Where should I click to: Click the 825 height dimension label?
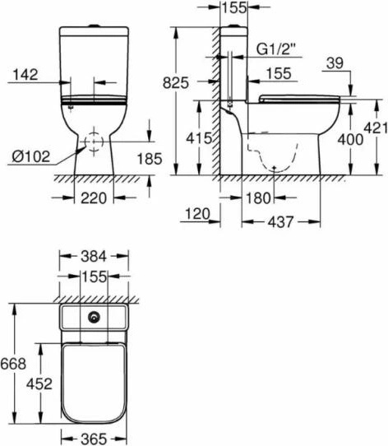click(x=176, y=83)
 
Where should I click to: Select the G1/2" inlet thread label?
click(x=275, y=49)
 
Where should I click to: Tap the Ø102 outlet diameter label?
click(x=31, y=156)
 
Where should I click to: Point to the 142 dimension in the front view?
click(x=25, y=75)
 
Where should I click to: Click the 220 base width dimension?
click(x=94, y=198)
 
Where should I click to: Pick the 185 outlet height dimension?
click(x=150, y=159)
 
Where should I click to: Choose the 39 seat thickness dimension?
click(x=335, y=63)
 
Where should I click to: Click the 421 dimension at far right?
click(x=376, y=128)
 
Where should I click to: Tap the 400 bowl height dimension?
click(x=350, y=140)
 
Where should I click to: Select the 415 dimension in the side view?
click(x=199, y=138)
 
